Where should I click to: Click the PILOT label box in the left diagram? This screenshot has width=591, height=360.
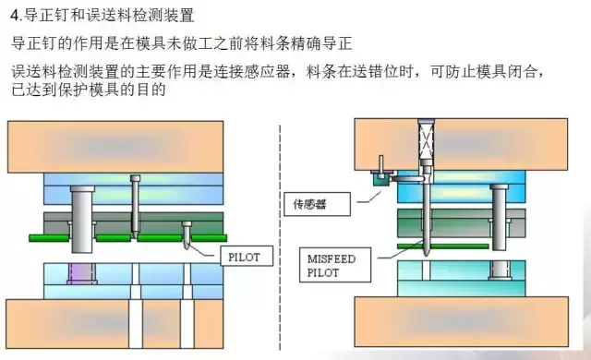pyautogui.click(x=247, y=257)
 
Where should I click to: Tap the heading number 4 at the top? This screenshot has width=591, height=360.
pyautogui.click(x=16, y=16)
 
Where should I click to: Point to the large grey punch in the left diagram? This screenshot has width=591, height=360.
pyautogui.click(x=81, y=217)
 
